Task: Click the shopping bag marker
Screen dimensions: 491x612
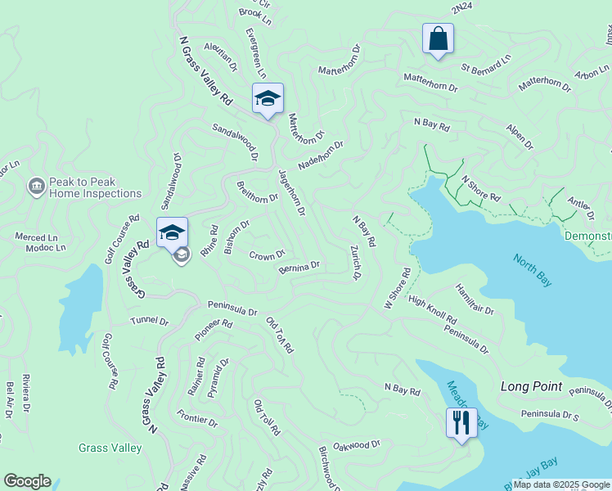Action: coord(438,38)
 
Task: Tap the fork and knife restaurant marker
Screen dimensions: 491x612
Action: coord(461,423)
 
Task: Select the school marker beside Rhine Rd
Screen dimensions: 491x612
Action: coord(172,232)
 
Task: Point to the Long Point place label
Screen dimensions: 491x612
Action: coord(531,386)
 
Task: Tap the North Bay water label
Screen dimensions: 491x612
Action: coord(532,271)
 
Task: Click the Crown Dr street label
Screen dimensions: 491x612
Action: coord(267,255)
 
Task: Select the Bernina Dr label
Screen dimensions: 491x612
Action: coord(299,267)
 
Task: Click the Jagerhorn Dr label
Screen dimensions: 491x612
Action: coord(291,192)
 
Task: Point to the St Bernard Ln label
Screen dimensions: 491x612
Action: coord(485,63)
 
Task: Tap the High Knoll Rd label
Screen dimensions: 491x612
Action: coord(432,309)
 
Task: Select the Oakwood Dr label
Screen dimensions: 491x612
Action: coord(358,444)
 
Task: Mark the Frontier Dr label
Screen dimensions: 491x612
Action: coord(197,421)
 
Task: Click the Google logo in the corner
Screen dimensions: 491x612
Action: coord(27,481)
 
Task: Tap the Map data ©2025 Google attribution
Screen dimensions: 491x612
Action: coord(561,484)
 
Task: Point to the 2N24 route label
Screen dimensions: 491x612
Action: coord(461,7)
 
